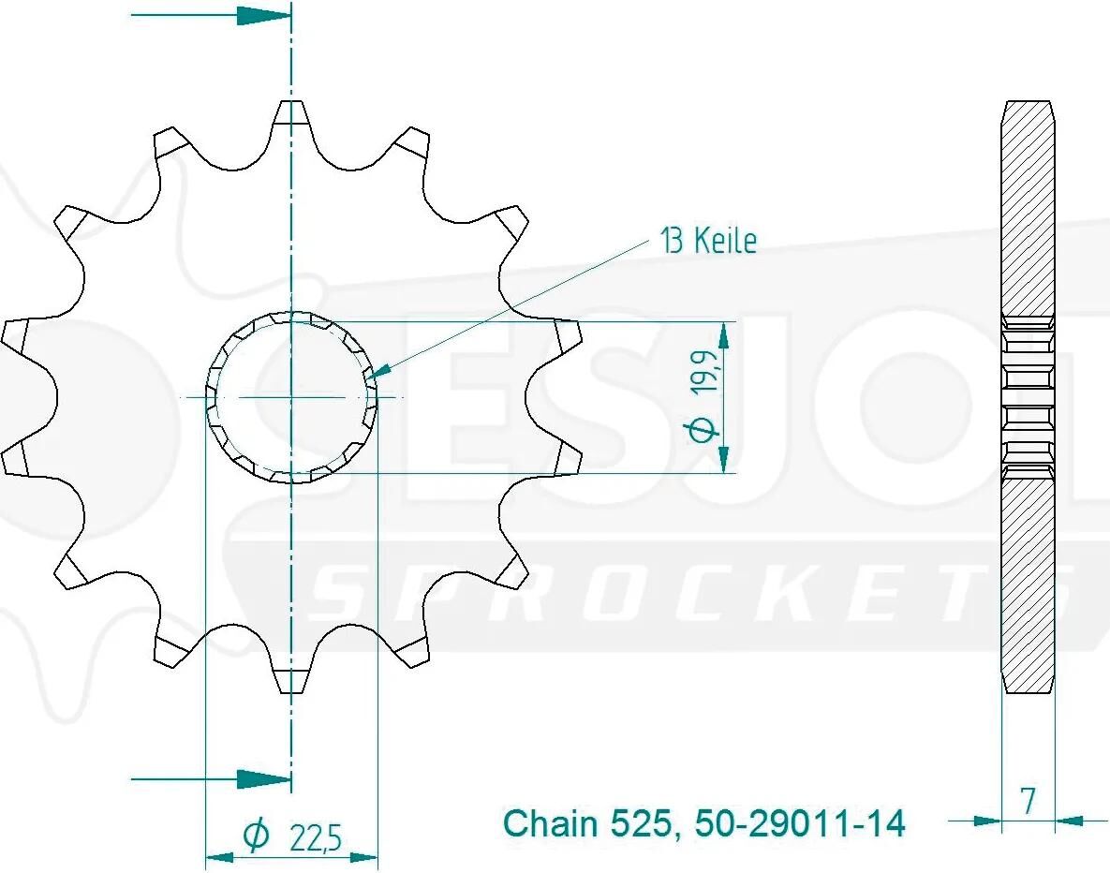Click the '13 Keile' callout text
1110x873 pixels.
708,241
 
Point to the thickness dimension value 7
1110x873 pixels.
1028,801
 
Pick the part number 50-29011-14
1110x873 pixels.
800,823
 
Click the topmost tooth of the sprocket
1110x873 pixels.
291,114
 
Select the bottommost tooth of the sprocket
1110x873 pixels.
291,680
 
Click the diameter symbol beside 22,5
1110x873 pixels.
257,836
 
